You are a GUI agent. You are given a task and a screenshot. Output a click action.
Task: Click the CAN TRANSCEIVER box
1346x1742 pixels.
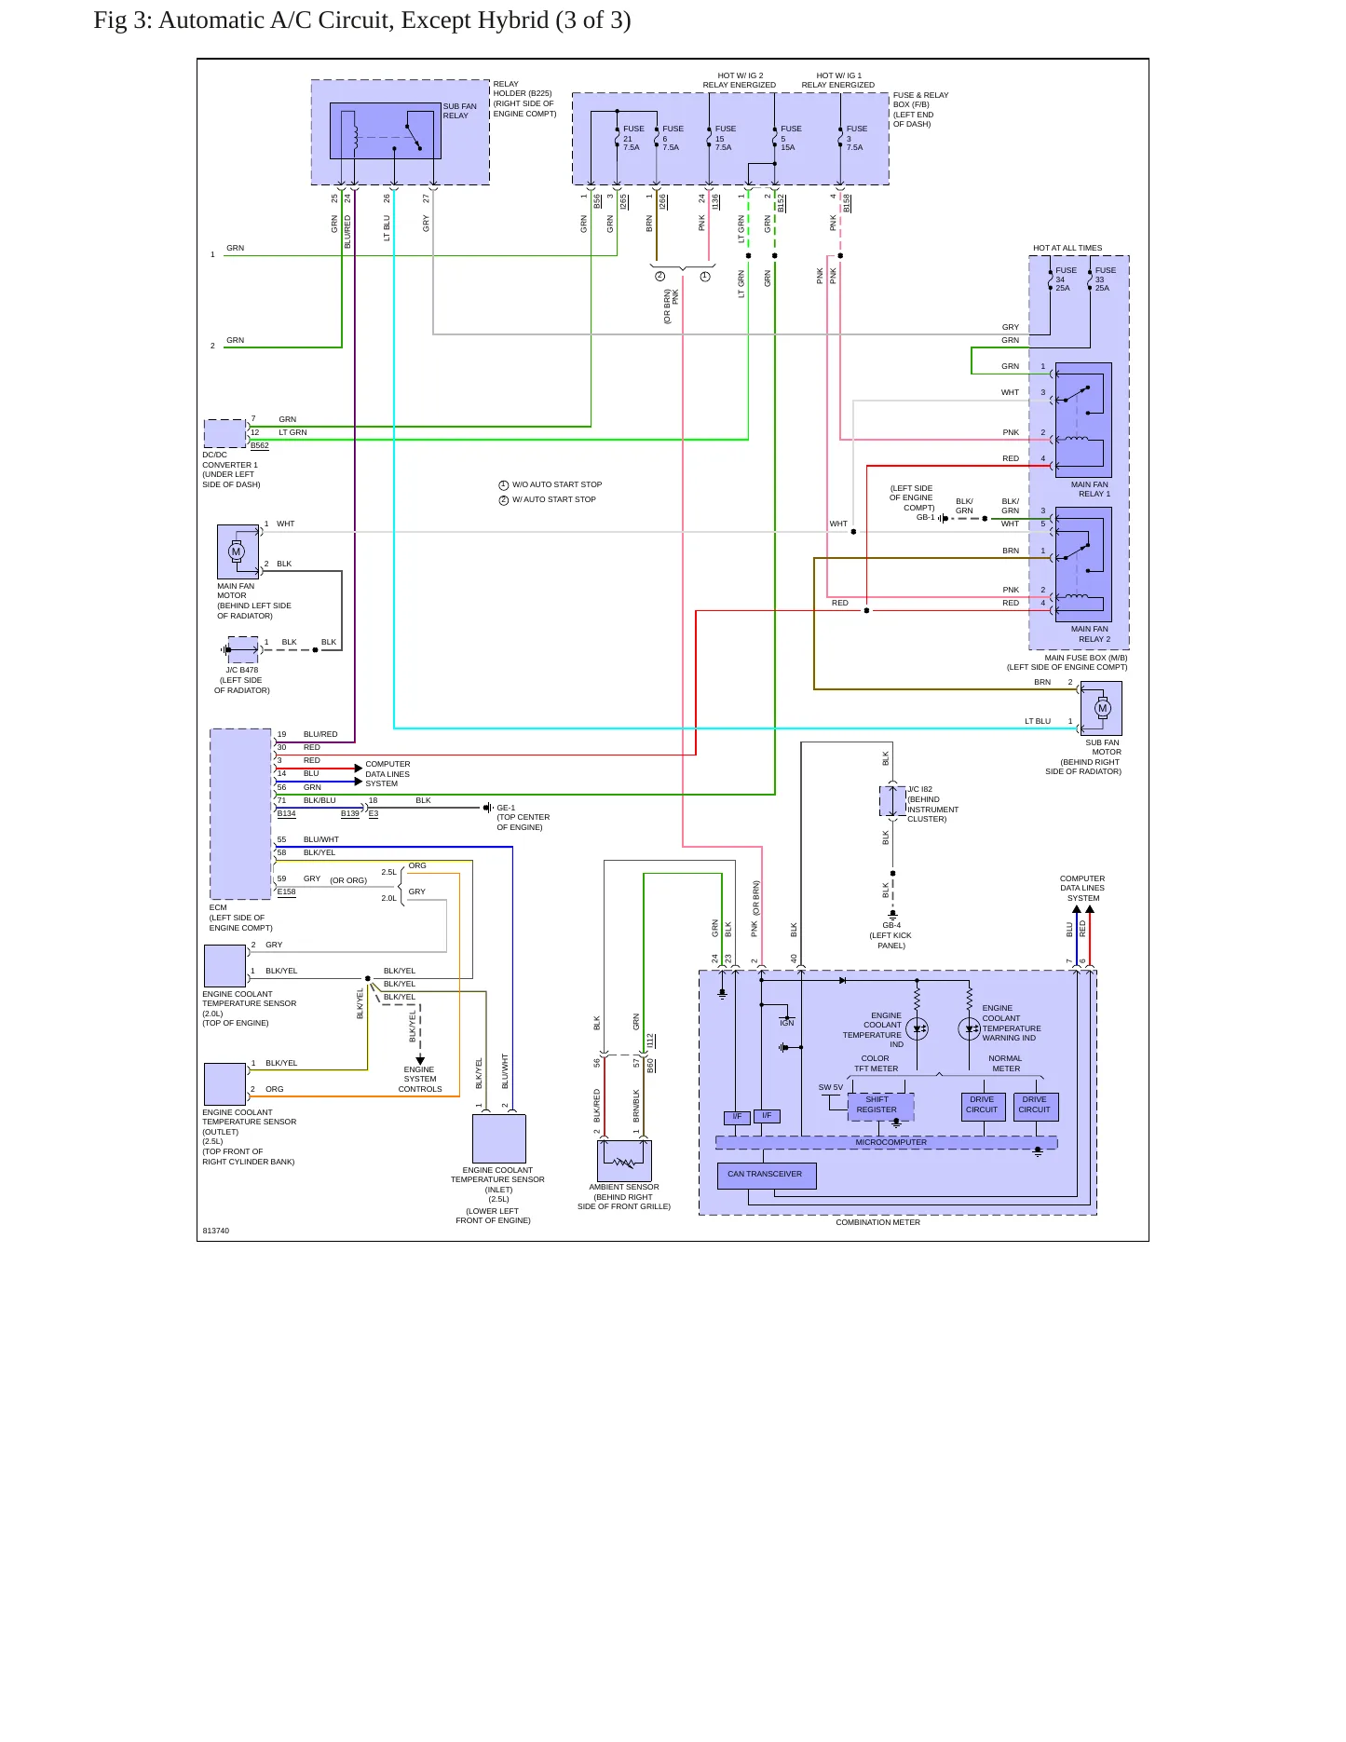[x=767, y=1175]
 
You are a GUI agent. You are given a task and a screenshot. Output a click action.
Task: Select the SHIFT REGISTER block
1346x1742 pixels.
[x=880, y=1106]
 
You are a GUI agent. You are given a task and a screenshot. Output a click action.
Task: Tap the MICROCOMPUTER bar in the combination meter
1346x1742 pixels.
[x=886, y=1142]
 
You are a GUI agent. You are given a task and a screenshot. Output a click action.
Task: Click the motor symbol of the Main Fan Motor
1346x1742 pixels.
[x=237, y=551]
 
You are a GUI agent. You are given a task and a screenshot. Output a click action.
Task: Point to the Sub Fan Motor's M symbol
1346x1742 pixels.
[x=1103, y=708]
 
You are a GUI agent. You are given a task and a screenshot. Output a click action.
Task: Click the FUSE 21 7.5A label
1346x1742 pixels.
[x=632, y=138]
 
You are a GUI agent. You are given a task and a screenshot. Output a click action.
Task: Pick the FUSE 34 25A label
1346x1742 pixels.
[x=1065, y=279]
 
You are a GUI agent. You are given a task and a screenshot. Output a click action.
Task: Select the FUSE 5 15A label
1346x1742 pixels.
[x=791, y=138]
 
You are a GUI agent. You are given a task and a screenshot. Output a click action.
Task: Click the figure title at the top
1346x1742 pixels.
[x=362, y=20]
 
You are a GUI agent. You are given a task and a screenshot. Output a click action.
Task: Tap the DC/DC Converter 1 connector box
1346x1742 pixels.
[x=225, y=434]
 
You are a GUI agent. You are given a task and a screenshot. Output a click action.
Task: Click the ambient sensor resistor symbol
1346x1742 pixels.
[x=624, y=1162]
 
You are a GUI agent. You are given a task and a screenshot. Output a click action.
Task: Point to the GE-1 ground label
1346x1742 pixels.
[x=506, y=808]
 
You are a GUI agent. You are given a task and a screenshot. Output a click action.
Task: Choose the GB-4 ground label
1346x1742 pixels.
[x=891, y=925]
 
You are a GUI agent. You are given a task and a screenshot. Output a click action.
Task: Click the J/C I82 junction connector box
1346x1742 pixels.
[x=892, y=801]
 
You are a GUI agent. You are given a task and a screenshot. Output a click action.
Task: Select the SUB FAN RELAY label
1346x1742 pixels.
[x=459, y=111]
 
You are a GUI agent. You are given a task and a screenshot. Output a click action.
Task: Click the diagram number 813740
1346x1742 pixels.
[x=215, y=1231]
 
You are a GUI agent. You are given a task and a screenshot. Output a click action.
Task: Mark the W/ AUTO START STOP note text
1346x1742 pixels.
[x=553, y=499]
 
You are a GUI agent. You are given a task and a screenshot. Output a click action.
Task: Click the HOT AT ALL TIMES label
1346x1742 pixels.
[x=1067, y=248]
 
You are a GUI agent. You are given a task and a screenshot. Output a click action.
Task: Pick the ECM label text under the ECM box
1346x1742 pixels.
[x=218, y=907]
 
